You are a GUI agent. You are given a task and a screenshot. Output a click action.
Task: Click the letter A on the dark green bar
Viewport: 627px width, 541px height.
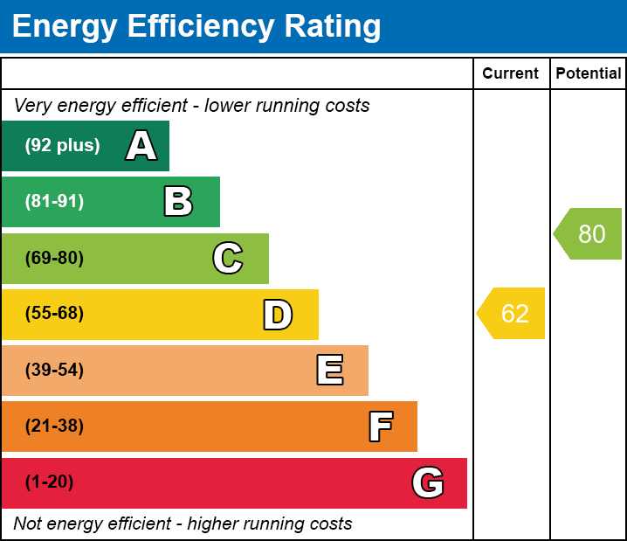pos(141,146)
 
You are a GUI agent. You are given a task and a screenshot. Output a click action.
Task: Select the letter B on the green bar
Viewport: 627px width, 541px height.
pos(178,202)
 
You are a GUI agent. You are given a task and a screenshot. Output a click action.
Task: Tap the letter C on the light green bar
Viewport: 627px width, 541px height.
pos(228,258)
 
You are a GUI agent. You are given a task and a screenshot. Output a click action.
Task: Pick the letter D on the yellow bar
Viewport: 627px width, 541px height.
pos(278,315)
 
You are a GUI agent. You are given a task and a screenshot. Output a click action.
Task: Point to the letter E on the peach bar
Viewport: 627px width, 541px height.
pos(329,371)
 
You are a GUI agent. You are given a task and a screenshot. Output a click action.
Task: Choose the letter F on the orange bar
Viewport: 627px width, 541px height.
pos(380,427)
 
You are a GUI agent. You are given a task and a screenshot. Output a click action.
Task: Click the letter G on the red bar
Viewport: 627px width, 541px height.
pos(428,482)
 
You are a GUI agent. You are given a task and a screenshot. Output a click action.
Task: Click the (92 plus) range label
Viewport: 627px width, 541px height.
pos(62,146)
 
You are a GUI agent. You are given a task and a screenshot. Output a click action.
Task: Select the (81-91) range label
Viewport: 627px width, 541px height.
pos(54,202)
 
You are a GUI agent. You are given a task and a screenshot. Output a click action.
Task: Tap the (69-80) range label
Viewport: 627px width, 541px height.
pos(54,258)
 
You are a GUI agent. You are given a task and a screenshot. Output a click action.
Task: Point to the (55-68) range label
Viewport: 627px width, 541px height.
pos(54,314)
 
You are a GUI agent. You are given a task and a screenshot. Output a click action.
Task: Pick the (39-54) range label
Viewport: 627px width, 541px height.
pos(54,371)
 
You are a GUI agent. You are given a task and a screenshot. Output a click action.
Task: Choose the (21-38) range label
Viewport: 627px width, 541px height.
pos(54,427)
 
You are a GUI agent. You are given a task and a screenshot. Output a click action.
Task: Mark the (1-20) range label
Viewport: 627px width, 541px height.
pos(50,482)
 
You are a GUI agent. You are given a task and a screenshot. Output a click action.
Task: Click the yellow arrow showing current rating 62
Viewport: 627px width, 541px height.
pos(513,313)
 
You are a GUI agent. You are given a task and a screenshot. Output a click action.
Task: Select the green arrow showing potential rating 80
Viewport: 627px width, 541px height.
pos(589,234)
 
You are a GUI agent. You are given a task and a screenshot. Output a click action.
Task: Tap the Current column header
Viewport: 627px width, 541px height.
pos(511,74)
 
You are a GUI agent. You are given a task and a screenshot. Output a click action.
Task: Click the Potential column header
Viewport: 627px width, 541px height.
pos(589,74)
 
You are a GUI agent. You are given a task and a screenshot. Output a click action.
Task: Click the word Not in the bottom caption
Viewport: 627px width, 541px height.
pos(28,524)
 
